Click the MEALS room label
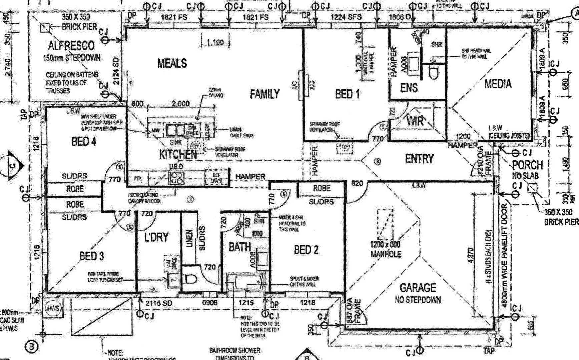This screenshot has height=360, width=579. coord(172,63)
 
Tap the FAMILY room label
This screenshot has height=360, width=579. coord(265,94)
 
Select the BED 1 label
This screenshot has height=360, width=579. coord(347,94)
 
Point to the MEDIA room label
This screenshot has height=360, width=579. coord(498,84)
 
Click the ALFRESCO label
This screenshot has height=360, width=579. coord(71,45)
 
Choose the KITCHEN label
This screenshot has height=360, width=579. coord(178,154)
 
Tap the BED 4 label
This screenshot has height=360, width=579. coord(84,142)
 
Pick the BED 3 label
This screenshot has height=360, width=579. coord(92,256)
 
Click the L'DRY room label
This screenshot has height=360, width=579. coord(156,237)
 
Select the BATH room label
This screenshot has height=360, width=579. coord(239,247)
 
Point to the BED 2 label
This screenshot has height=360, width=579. coord(306,250)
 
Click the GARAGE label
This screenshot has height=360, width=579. coord(418,287)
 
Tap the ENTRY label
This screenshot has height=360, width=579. coord(419,159)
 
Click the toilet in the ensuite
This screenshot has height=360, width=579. coord(434,72)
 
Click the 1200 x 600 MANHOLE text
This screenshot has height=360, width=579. coord(386,249)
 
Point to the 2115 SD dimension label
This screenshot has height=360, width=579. coord(159,303)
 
